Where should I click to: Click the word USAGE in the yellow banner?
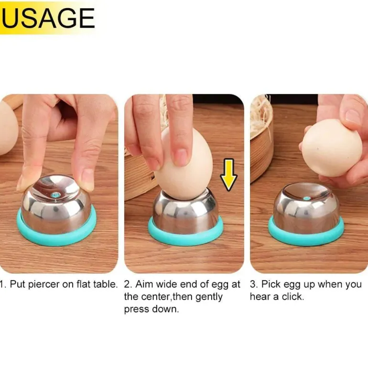pos(48,18)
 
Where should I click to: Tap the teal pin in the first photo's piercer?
pos(55,195)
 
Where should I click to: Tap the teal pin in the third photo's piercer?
pos(306,198)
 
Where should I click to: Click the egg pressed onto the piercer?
pos(184,163)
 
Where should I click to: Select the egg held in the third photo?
pos(331,148)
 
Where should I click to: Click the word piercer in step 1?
pos(44,284)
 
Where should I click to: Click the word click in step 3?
pos(293,297)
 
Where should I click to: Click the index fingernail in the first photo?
pos(87,179)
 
